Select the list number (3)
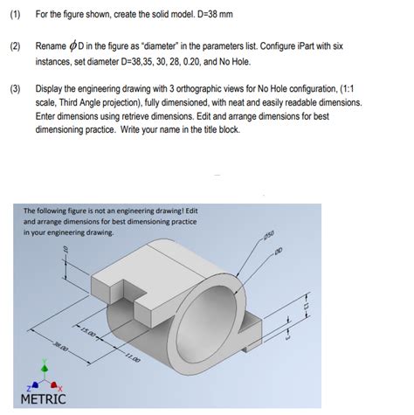(x=14, y=90)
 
